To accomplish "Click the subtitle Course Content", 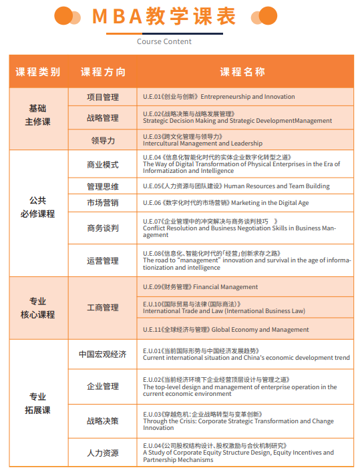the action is click(164, 41).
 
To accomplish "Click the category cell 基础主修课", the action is click(38, 115).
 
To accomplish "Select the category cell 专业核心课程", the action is click(38, 308).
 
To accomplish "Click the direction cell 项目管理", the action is click(103, 97).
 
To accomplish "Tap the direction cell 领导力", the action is click(103, 140).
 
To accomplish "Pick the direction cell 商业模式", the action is click(103, 165).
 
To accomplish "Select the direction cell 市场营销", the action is click(103, 203).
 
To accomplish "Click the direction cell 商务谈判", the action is click(103, 228).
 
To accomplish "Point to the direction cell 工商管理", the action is click(103, 308).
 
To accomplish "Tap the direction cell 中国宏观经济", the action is click(103, 354).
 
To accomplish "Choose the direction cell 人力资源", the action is click(103, 453).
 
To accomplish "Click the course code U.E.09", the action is click(153, 287).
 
